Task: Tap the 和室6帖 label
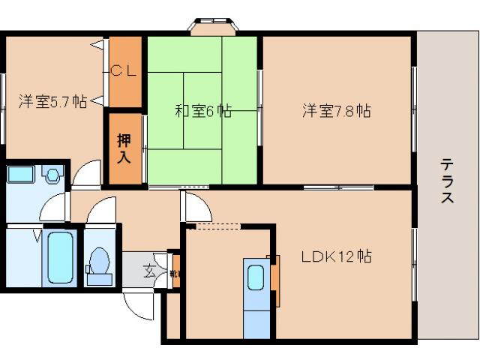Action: tap(202, 112)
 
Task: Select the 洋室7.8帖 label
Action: tap(337, 111)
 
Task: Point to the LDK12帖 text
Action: tap(337, 256)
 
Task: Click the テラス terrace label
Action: tap(447, 181)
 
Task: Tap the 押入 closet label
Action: tap(124, 148)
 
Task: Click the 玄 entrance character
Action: tap(150, 272)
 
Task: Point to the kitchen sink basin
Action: tap(255, 278)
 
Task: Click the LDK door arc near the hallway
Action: tap(192, 205)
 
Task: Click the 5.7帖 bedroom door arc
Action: tap(89, 175)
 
